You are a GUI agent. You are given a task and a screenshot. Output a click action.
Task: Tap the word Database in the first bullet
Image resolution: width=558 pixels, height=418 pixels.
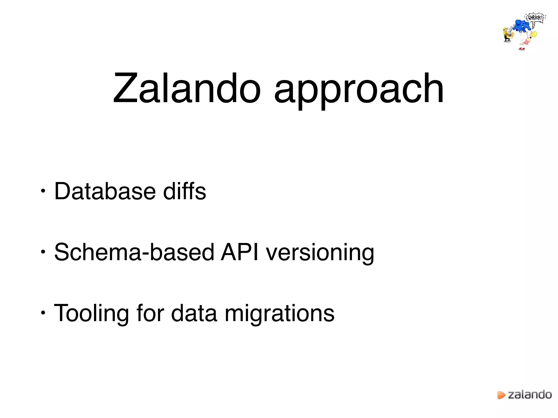point(105,191)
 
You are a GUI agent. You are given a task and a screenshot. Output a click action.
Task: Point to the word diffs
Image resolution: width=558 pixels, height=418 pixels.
point(184,191)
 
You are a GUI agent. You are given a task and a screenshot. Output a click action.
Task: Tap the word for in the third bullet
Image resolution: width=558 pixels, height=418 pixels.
point(150,313)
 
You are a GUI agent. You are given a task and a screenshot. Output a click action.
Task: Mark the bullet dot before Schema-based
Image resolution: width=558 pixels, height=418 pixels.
point(43,252)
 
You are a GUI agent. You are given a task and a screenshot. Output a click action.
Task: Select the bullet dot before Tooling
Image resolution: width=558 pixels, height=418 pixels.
point(43,313)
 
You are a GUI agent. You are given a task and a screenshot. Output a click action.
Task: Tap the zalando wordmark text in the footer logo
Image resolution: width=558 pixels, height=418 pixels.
point(530,394)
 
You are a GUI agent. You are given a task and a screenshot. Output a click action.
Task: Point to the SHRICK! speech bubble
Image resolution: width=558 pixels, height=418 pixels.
point(535,18)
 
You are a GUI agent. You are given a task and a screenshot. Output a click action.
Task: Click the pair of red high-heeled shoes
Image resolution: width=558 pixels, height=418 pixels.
point(522,49)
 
